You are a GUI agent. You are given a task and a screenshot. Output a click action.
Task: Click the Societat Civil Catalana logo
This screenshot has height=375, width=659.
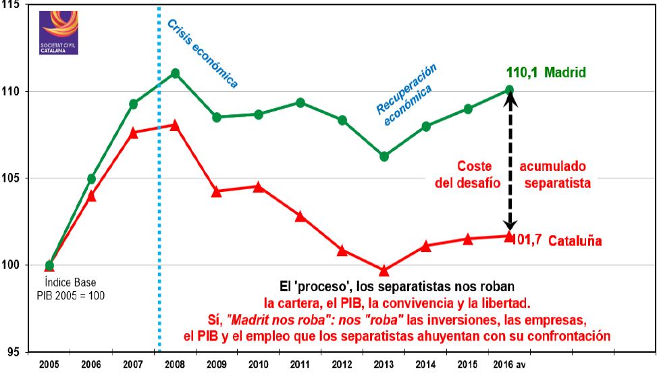[59, 33]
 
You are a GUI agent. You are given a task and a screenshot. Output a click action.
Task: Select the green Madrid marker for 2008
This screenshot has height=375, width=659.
[175, 73]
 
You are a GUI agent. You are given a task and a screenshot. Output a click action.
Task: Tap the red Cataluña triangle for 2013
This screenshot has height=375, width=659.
[384, 270]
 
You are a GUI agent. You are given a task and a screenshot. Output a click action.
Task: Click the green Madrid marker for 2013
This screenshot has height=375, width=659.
[384, 156]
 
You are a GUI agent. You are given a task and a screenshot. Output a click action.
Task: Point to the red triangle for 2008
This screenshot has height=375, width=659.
[175, 125]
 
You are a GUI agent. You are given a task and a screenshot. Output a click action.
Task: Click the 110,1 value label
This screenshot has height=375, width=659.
[523, 72]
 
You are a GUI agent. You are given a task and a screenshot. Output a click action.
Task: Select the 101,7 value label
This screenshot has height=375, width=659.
[527, 239]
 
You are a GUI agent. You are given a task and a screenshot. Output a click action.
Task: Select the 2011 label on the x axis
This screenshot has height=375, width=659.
[300, 365]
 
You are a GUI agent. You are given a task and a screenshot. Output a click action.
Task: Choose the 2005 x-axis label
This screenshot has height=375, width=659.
[49, 365]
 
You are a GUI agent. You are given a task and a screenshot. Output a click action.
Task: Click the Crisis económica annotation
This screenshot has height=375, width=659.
[203, 54]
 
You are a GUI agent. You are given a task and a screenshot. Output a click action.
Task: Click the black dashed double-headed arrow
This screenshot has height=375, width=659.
[510, 162]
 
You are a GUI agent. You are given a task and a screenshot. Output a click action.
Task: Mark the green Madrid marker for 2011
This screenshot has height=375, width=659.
[300, 103]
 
